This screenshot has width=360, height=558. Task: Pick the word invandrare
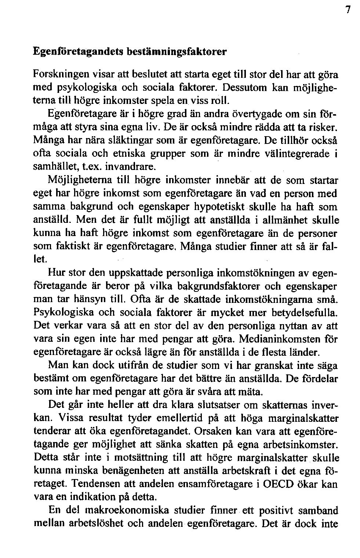[128, 167]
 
